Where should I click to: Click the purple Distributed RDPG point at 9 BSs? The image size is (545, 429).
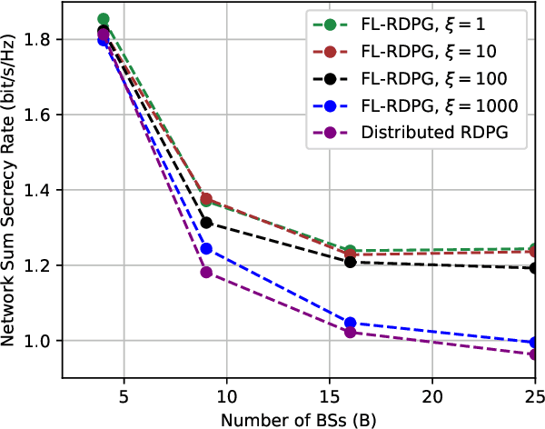[x=206, y=272]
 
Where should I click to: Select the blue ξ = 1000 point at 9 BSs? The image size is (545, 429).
[x=206, y=248]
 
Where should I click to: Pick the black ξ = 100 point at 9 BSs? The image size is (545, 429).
[x=206, y=223]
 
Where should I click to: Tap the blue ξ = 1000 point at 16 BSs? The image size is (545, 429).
[x=351, y=323]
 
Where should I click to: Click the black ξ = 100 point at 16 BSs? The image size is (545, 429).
[x=351, y=262]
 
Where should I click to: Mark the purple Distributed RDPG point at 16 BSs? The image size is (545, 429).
[x=351, y=332]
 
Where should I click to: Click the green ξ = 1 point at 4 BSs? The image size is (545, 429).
[x=104, y=19]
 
